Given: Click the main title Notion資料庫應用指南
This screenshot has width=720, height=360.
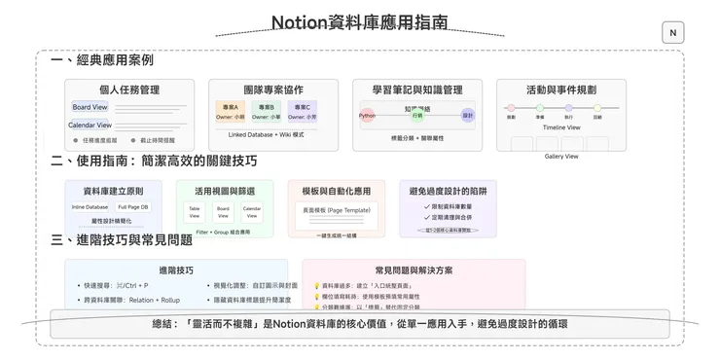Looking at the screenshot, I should click(359, 21).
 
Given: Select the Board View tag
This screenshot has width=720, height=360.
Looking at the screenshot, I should click(90, 107).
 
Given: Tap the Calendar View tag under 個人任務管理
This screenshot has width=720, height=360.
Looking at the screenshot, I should click(90, 125).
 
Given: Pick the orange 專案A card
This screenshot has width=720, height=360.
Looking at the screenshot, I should click(231, 111).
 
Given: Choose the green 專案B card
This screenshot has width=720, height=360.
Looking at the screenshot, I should click(266, 111).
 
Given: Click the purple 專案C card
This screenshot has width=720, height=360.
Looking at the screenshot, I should click(301, 111).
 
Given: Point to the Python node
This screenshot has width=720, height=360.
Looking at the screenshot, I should click(367, 115).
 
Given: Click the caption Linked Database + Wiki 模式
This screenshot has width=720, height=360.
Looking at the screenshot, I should click(266, 134).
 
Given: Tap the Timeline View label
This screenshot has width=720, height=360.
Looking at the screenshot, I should click(561, 127).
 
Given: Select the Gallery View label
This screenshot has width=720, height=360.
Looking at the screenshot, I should click(561, 156).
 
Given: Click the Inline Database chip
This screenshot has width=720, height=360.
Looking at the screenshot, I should click(90, 207).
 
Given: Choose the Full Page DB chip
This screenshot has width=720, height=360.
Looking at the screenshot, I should click(132, 207).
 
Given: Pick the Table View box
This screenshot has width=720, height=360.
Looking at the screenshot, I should click(195, 211).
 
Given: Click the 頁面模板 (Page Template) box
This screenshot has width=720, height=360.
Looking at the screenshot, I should click(336, 209).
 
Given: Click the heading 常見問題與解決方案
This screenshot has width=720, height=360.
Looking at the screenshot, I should click(414, 270).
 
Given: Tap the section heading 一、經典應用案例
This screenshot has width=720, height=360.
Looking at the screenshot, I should click(102, 60).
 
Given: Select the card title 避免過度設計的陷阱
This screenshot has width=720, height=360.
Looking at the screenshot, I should click(448, 192).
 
